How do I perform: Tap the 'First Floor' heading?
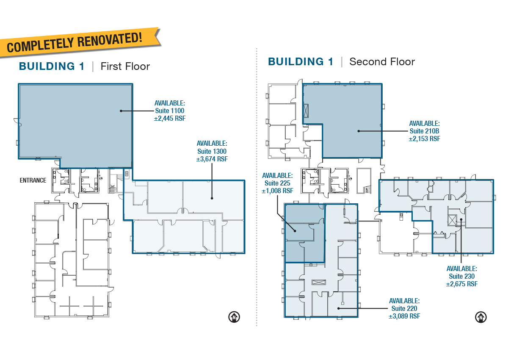pos(125,66)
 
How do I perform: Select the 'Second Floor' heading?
pos(382,62)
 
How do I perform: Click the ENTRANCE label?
pos(33,180)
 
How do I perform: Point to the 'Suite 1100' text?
pos(170,111)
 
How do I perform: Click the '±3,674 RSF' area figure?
pos(212,159)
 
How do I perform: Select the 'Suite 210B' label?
pos(424,131)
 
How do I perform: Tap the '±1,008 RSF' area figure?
pos(277,191)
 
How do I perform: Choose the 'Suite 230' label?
pos(462,276)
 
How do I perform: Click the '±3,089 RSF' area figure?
pos(404,316)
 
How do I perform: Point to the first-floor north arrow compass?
pos(234,317)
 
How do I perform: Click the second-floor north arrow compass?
pos(481,317)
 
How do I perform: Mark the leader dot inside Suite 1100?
pos(121,111)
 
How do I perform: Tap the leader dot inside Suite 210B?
pos(359,131)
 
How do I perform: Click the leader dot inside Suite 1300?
pos(212,198)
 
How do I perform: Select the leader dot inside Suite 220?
pos(338,308)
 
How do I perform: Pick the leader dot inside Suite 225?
pos(295,231)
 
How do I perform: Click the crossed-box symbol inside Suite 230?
pos(452,220)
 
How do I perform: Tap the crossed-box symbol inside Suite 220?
pos(319,282)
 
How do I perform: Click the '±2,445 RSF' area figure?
pos(170,119)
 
